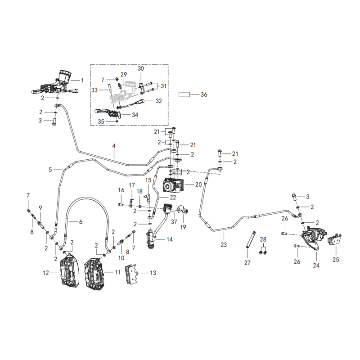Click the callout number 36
pos(204,94)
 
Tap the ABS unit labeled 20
pos(174,185)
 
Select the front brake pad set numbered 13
pos(131,274)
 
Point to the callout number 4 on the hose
pos(114,146)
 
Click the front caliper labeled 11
pos(95,274)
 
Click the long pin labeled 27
pos(251,239)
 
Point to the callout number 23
pos(224,245)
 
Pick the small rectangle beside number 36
pos(184,94)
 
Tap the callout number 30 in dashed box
pos(141,68)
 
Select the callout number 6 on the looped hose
pos(81,222)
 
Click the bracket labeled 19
pos(183,209)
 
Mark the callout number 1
pos(82,81)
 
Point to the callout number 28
pos(263,239)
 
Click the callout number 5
pos(50,170)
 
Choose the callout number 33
pos(94,90)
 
